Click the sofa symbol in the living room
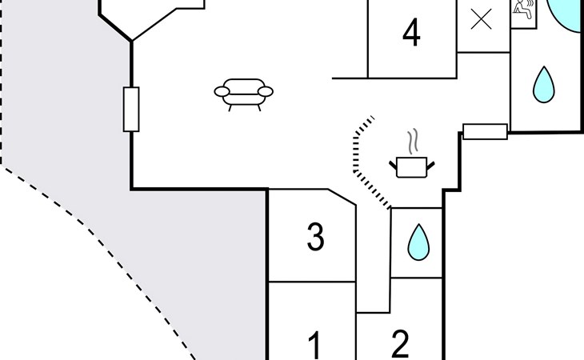pos(243,94)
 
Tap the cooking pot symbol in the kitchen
pos(411,167)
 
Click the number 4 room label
pos(411,33)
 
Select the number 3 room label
pos(315,237)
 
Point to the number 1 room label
pos(315,346)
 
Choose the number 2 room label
pos(400,344)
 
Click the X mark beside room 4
pos(482,19)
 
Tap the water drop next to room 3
pos(418,242)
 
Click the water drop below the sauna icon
pos(544,85)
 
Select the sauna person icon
pos(524,10)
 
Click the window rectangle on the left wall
pos(131,110)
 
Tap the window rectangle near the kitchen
pos(485,132)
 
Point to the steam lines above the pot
pos(412,142)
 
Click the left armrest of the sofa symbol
pos(222,91)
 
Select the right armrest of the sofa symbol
pos(266,91)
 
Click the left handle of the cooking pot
pos(394,166)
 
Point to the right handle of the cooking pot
pos(430,166)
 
